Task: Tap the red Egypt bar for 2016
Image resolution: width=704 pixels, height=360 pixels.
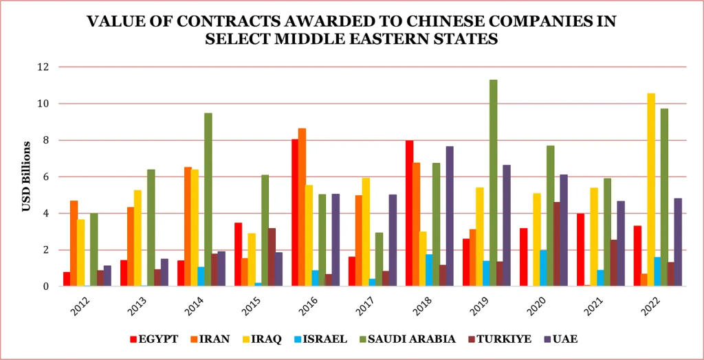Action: click(x=295, y=213)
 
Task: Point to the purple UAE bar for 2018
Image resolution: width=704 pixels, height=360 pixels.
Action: click(x=450, y=216)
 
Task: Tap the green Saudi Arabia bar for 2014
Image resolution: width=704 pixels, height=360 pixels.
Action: click(x=208, y=200)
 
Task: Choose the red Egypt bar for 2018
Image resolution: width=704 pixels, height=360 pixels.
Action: click(x=409, y=214)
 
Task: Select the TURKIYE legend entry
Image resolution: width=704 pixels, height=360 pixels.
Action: click(x=498, y=339)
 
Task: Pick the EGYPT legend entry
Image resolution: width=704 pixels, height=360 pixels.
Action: click(x=158, y=339)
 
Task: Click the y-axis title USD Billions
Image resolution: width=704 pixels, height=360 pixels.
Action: click(x=26, y=177)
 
